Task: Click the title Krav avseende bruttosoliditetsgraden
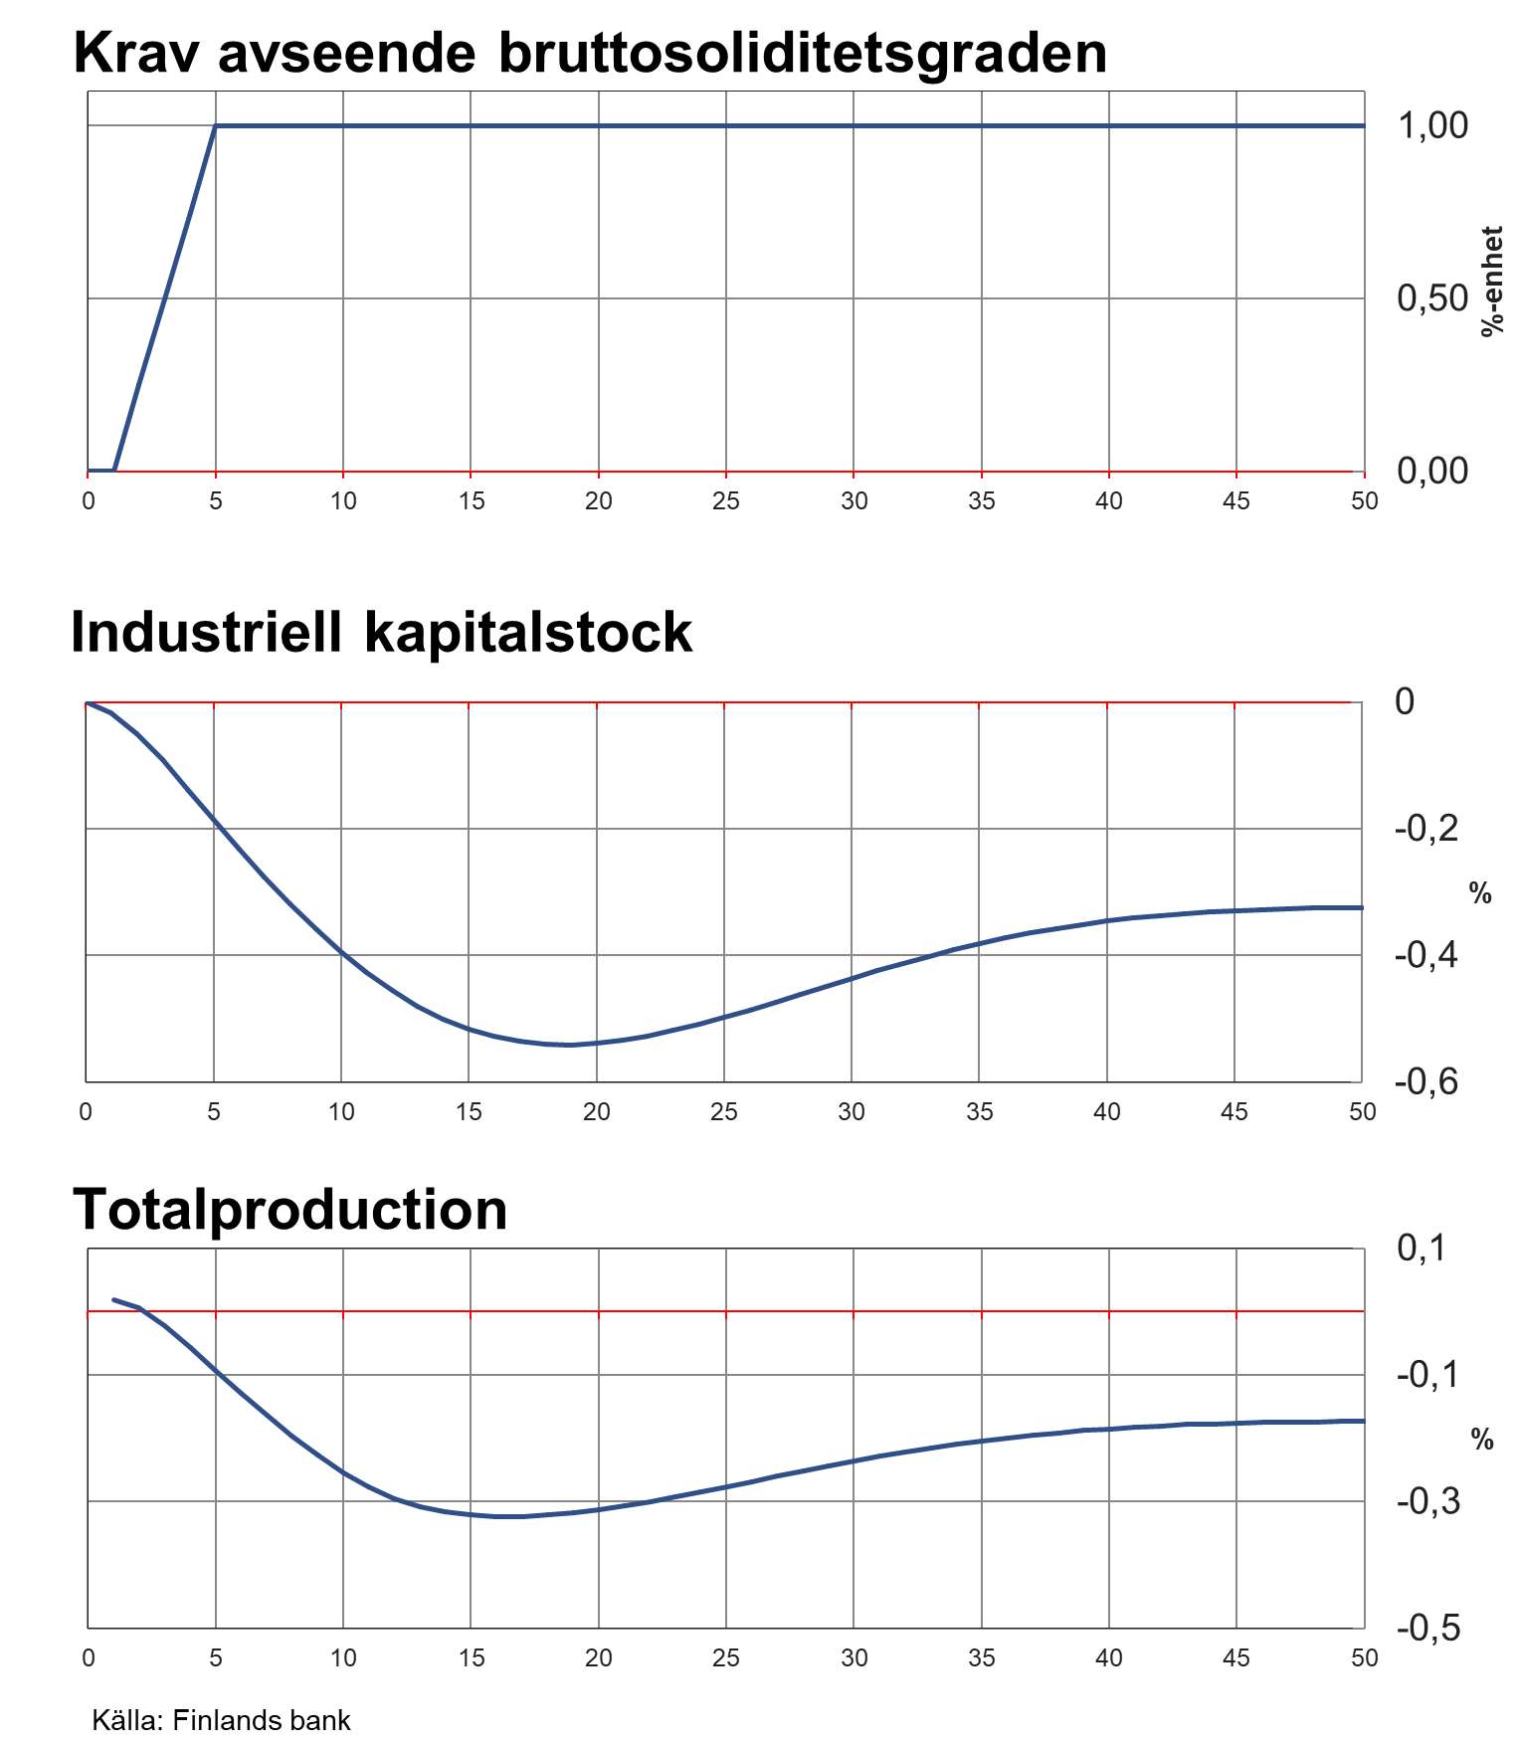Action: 590,54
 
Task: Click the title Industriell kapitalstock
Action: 381,633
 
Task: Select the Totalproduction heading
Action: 289,1210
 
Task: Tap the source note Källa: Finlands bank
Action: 221,1720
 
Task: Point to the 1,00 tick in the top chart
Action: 1432,126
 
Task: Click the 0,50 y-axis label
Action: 1432,298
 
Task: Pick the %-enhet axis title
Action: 1492,282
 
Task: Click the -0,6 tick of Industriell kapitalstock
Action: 1426,1082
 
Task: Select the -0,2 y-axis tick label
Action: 1426,829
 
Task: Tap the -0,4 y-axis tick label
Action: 1426,955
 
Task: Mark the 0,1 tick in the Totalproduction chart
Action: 1422,1249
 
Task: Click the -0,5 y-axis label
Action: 1428,1629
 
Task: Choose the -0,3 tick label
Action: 1428,1501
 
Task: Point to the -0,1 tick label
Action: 1428,1375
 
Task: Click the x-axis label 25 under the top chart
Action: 726,501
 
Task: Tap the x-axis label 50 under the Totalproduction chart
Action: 1364,1657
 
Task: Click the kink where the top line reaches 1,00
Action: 216,126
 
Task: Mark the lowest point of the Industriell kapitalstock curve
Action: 570,1045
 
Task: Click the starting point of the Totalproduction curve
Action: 113,1299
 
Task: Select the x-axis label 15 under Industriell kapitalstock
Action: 469,1112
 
